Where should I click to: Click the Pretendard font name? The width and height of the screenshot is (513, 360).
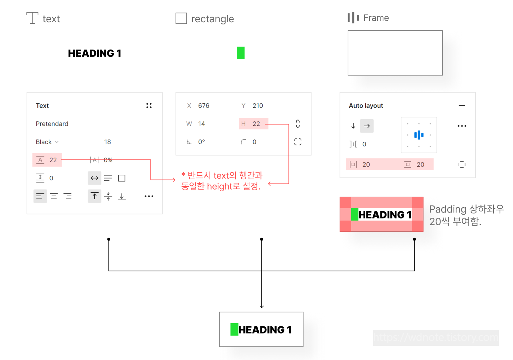click(x=52, y=124)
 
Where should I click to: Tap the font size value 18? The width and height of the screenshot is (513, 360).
click(x=107, y=142)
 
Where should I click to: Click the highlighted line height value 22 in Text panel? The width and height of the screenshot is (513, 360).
click(x=53, y=160)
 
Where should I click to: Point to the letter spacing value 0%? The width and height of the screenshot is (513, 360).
click(x=108, y=160)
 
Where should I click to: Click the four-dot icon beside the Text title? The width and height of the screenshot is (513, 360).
click(x=149, y=106)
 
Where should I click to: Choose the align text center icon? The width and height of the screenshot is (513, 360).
click(x=54, y=196)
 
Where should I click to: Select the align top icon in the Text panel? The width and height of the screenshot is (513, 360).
click(x=94, y=196)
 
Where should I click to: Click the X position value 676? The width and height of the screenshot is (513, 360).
click(x=204, y=106)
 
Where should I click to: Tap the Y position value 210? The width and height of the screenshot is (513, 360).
click(x=258, y=106)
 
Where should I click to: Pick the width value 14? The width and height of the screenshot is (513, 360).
click(x=201, y=124)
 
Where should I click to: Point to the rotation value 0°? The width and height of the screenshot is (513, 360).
click(x=201, y=142)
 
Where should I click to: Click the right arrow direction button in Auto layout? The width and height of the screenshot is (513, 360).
click(x=367, y=126)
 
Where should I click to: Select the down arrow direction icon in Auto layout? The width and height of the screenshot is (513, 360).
click(x=353, y=126)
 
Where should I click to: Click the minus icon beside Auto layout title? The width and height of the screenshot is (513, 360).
click(x=462, y=106)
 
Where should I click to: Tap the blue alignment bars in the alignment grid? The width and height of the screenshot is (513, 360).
click(x=419, y=135)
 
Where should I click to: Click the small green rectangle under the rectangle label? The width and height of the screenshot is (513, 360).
click(x=241, y=53)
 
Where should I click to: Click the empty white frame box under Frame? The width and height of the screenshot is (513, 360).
click(x=395, y=53)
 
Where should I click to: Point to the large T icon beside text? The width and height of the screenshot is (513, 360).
click(x=32, y=18)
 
